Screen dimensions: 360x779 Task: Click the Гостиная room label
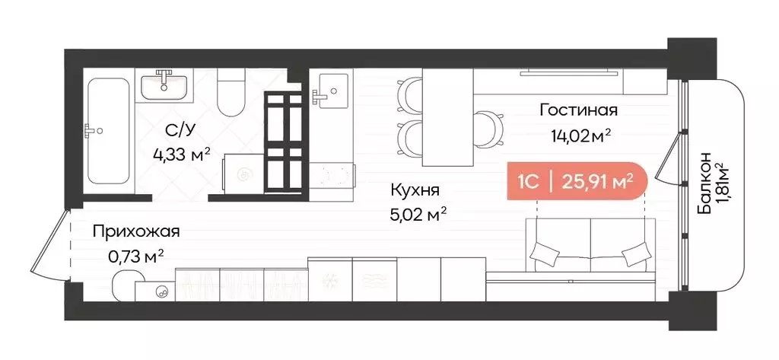tap(578, 110)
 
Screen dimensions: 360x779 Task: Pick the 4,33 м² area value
tap(182, 155)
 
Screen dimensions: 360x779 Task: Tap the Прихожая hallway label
tap(137, 230)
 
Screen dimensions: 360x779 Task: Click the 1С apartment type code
tap(529, 181)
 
